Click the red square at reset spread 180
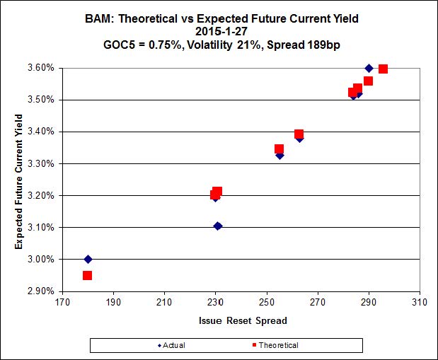point(87,275)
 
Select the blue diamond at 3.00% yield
point(88,259)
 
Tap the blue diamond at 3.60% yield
point(369,68)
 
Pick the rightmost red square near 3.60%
point(383,69)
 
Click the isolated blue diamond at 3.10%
point(217,226)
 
